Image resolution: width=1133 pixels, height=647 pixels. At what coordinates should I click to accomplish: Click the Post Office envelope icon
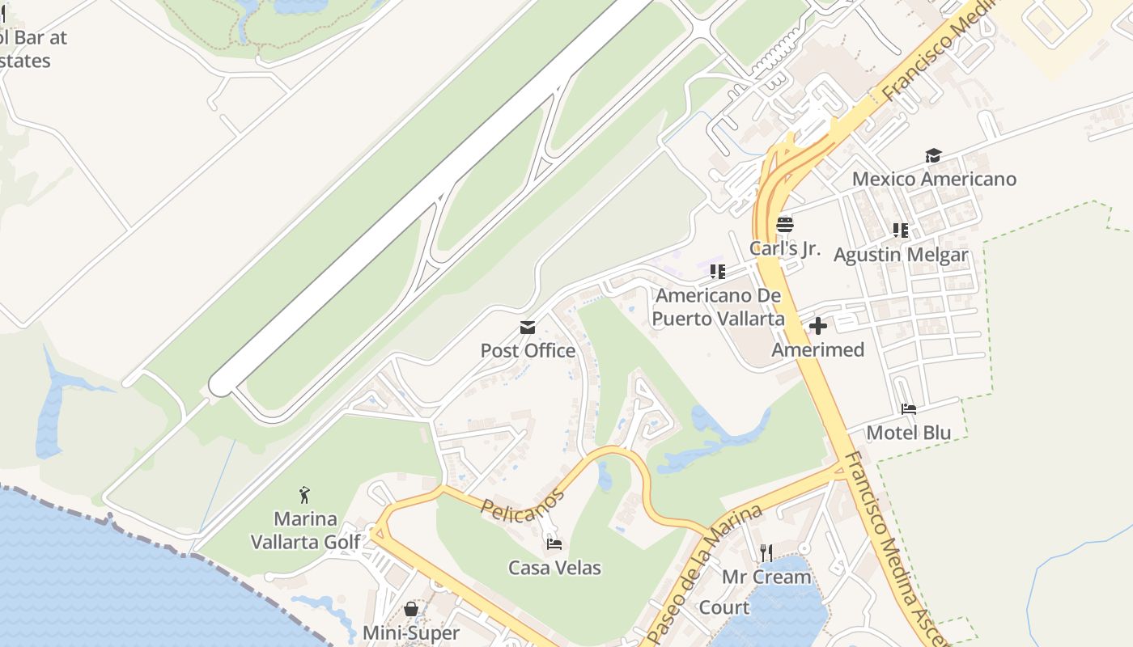click(x=528, y=328)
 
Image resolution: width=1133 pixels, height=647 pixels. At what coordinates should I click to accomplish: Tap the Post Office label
click(x=528, y=351)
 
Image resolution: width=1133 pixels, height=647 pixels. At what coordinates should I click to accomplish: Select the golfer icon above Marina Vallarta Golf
click(x=304, y=494)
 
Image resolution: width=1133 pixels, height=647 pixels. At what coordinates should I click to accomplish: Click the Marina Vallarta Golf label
click(x=305, y=531)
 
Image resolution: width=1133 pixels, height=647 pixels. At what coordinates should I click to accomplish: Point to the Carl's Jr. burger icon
click(x=784, y=225)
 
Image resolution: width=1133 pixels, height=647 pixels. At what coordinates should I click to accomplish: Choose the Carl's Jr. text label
click(x=784, y=248)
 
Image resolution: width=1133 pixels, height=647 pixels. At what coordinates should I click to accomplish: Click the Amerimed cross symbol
click(x=818, y=326)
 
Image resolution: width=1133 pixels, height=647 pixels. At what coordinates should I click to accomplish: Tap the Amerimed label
click(x=817, y=350)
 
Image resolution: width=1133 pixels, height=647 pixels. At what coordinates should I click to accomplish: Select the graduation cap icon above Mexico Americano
click(x=933, y=156)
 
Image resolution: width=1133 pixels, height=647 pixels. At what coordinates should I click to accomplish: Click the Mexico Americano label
click(x=934, y=179)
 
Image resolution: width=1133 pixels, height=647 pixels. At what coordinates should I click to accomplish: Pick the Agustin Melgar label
click(x=900, y=256)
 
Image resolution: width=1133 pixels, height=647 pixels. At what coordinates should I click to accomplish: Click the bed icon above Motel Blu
click(x=909, y=409)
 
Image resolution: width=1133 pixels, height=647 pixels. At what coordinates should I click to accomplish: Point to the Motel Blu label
click(x=908, y=433)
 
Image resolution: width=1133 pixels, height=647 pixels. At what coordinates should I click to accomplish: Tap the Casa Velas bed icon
click(x=554, y=544)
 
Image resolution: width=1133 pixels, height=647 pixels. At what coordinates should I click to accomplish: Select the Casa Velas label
click(x=554, y=568)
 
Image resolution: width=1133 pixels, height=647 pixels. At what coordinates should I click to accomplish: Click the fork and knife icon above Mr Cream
click(x=766, y=553)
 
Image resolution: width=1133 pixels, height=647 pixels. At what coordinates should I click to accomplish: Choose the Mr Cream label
click(x=766, y=577)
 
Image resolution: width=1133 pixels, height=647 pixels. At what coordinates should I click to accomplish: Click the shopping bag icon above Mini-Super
click(x=411, y=609)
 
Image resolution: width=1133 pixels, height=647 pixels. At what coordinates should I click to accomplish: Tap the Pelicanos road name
click(x=522, y=503)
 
